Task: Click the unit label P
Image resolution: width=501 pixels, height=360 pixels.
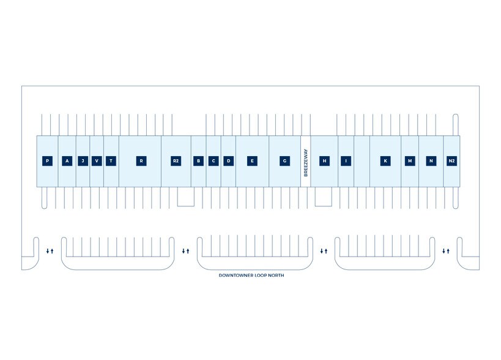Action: (47, 161)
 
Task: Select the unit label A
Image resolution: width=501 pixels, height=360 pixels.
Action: (67, 161)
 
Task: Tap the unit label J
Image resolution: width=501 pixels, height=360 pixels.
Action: (84, 161)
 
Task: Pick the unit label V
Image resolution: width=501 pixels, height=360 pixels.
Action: (97, 161)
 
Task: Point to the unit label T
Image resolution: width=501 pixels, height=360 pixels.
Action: (111, 161)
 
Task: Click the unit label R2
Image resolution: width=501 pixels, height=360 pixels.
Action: (176, 161)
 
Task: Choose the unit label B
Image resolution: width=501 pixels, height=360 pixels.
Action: (198, 161)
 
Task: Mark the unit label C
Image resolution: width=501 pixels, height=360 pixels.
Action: (213, 161)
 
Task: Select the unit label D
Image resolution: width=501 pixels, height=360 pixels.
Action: (229, 161)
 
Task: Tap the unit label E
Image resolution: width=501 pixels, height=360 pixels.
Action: (251, 161)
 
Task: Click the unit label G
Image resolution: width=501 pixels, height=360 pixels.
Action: (284, 161)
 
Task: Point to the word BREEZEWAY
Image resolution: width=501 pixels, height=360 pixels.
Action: (305, 162)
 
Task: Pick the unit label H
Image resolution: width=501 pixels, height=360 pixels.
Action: (325, 161)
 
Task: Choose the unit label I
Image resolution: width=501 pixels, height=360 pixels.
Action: (346, 161)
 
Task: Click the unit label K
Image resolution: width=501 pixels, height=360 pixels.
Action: (385, 161)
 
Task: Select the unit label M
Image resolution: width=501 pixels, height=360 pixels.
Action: (410, 161)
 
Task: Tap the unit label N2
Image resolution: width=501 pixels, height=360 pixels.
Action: (451, 161)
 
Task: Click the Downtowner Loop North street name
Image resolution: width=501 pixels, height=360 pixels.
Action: (251, 276)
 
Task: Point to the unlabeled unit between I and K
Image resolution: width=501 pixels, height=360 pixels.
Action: (362, 161)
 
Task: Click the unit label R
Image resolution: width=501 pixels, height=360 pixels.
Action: (141, 161)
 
